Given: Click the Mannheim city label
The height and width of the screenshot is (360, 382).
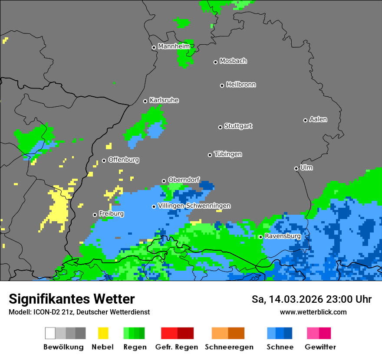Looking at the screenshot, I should tap(174, 46).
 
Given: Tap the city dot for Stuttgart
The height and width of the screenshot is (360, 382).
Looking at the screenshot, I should tap(220, 127).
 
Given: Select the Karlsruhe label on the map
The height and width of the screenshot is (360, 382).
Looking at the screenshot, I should tap(164, 100).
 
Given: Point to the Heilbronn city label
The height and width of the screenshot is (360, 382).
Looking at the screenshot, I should tap(241, 85).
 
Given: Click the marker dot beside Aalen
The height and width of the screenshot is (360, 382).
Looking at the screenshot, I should tap(305, 120).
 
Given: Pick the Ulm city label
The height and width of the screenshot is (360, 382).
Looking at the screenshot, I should tap(306, 167).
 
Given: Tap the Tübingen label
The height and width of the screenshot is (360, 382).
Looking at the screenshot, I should tap(228, 154).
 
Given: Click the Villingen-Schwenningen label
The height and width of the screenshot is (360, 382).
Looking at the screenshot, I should tap(194, 206).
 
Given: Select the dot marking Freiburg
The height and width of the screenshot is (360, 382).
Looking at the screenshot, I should tap(95, 215).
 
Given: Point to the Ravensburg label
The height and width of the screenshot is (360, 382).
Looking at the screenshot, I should tap(283, 236).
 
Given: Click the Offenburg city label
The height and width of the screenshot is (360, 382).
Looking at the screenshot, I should tap(124, 160).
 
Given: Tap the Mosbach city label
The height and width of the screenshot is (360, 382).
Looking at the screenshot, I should tap(233, 61).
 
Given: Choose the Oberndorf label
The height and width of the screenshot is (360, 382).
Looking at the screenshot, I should tap(184, 180).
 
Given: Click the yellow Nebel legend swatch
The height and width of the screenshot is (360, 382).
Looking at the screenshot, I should tap(103, 333).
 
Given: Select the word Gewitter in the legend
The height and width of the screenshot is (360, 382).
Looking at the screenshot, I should tap(320, 347).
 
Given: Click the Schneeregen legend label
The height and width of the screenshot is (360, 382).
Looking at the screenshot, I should tap(229, 347).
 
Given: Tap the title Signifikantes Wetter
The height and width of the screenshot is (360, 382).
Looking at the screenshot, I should tap(72, 299).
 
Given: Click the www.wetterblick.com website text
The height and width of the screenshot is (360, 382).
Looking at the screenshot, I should tap(313, 312).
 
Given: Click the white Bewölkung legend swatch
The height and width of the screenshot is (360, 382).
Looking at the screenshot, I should tap(50, 333).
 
